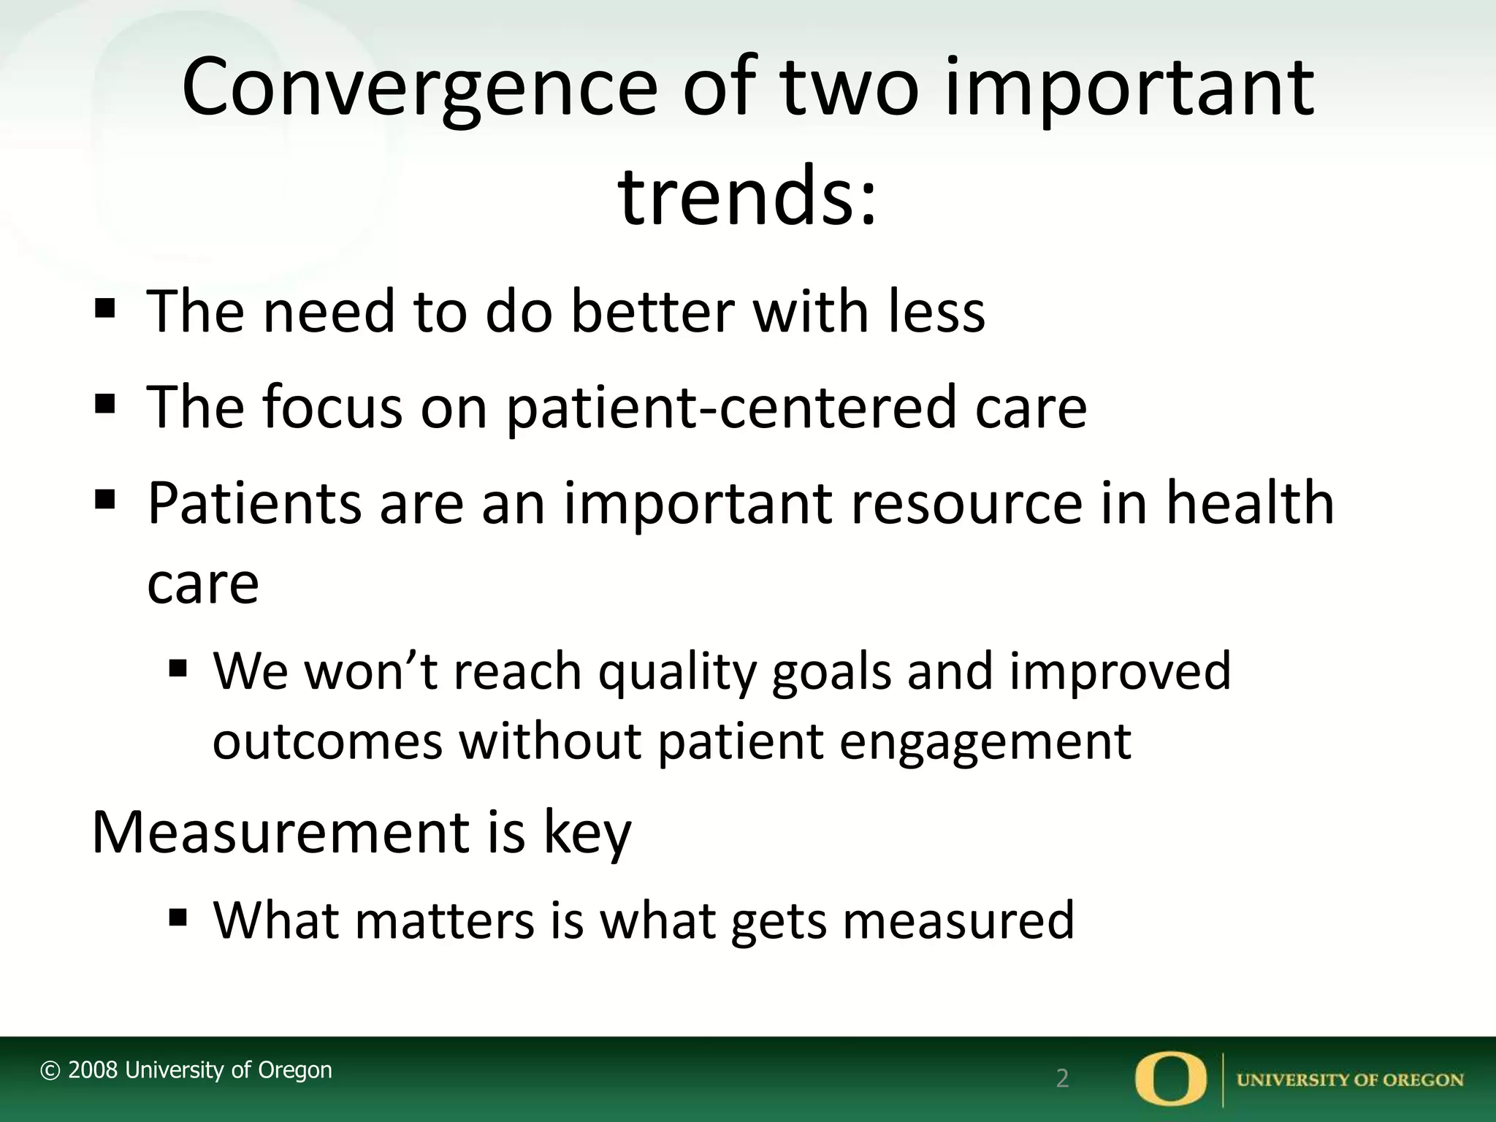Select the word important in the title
pyautogui.click(x=1129, y=89)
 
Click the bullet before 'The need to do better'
pyautogui.click(x=105, y=308)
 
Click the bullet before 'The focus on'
pyautogui.click(x=105, y=403)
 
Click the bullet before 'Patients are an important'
pyautogui.click(x=105, y=500)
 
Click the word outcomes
pyautogui.click(x=327, y=742)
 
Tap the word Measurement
pyautogui.click(x=280, y=833)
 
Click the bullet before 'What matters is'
pyautogui.click(x=178, y=916)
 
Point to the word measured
pyautogui.click(x=958, y=920)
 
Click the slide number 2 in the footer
pyautogui.click(x=1062, y=1078)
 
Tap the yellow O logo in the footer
pyautogui.click(x=1171, y=1078)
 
